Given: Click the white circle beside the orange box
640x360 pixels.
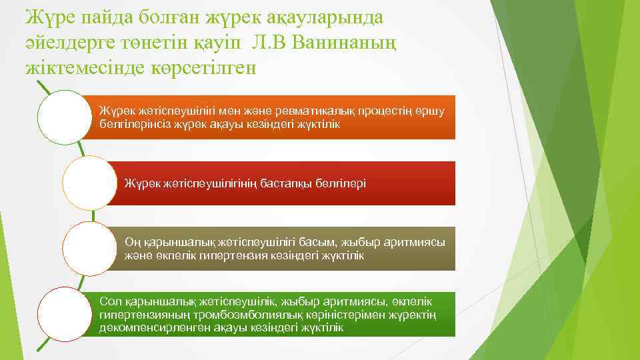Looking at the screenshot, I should pyautogui.click(x=64, y=117).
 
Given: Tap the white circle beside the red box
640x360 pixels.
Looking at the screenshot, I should pyautogui.click(x=89, y=183).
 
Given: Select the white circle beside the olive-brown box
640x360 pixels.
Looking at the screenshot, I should pyautogui.click(x=89, y=248).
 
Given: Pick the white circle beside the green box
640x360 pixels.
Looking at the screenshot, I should pyautogui.click(x=64, y=314).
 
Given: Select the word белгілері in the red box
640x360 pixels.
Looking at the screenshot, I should pyautogui.click(x=339, y=183).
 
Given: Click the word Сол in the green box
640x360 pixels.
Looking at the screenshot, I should pyautogui.click(x=108, y=302).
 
